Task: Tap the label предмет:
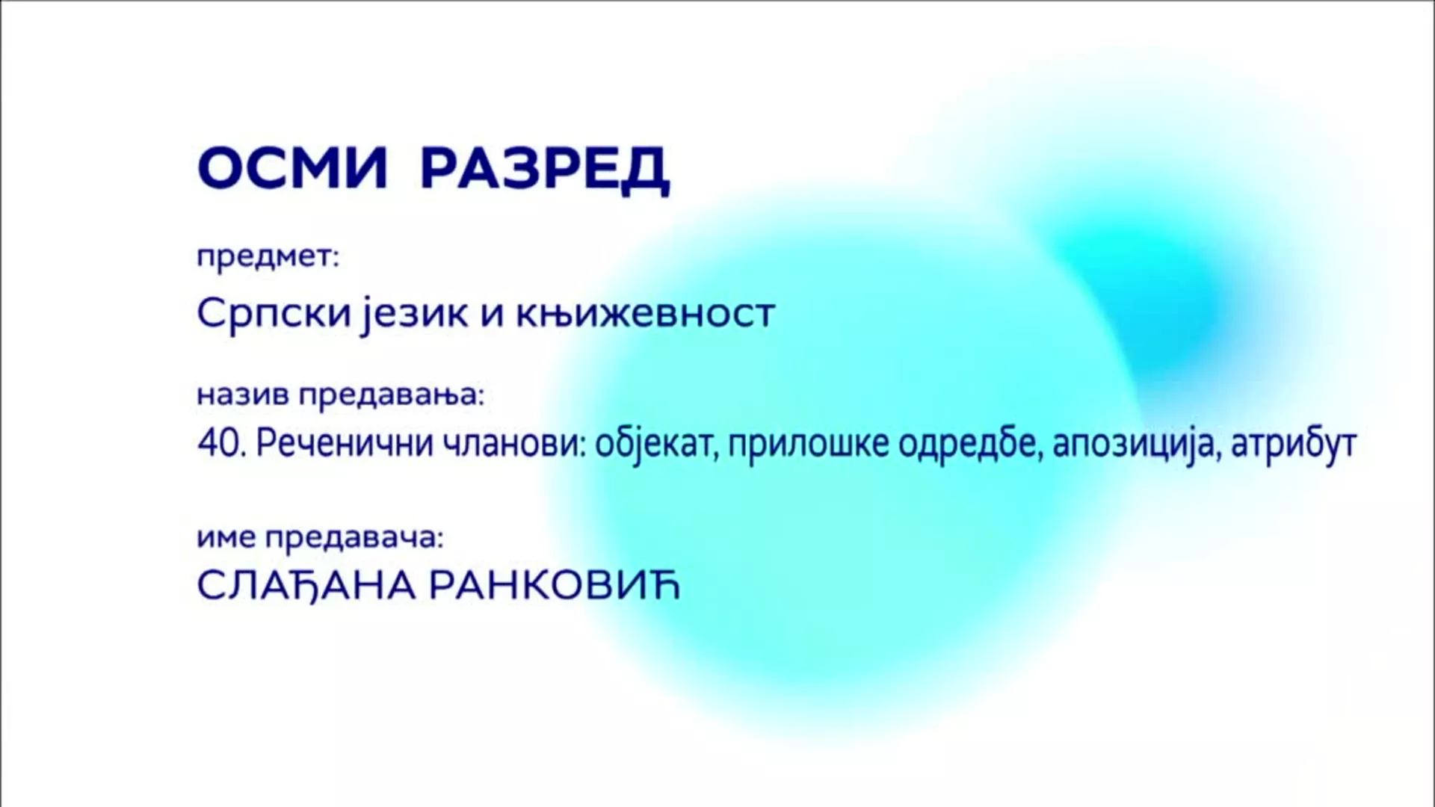pyautogui.click(x=268, y=258)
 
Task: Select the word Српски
pyautogui.click(x=274, y=314)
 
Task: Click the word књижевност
pyautogui.click(x=645, y=314)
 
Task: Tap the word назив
pyautogui.click(x=244, y=395)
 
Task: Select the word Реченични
pyautogui.click(x=345, y=445)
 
